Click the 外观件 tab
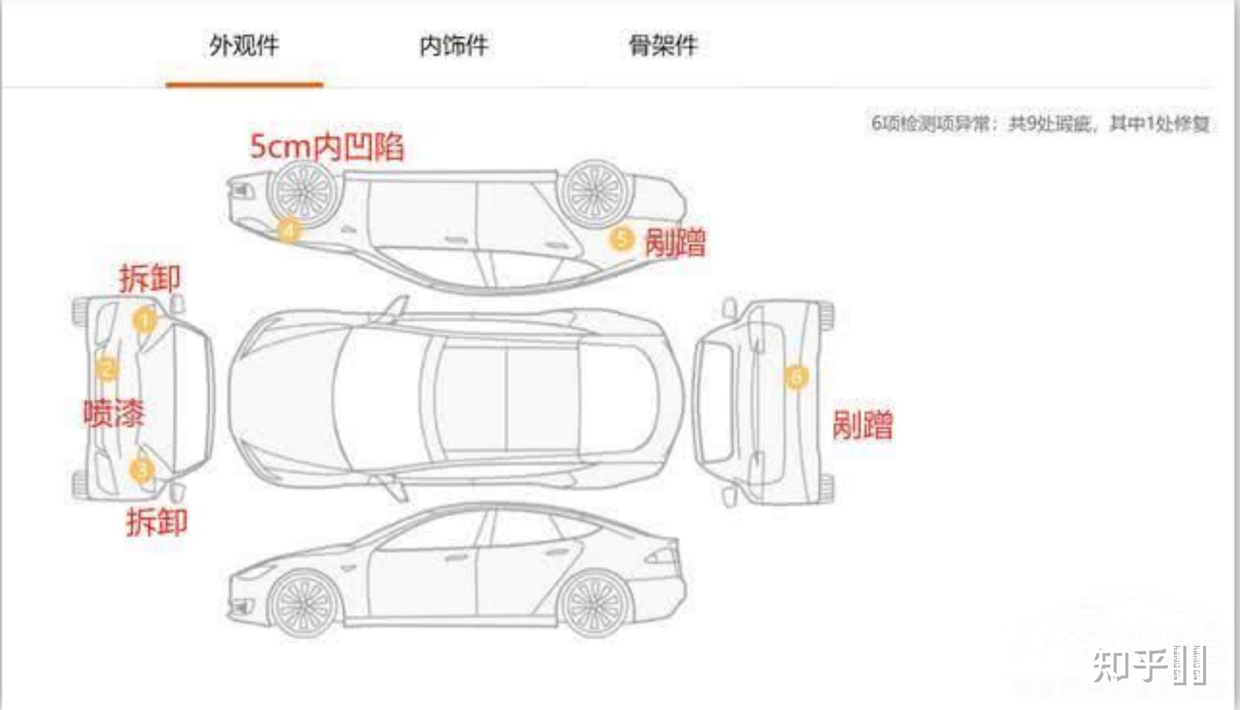point(244,46)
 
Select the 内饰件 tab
point(453,46)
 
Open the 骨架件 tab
point(663,46)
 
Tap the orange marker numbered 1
point(144,320)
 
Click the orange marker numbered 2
point(107,369)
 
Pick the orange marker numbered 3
point(142,469)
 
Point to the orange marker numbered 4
point(289,230)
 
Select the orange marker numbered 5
point(622,239)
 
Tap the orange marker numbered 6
point(796,377)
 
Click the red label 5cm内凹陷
point(327,147)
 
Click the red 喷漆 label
point(113,413)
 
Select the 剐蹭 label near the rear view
point(863,425)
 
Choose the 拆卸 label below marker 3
point(157,523)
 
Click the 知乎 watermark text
point(1130,666)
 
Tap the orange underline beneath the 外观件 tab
point(244,85)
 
